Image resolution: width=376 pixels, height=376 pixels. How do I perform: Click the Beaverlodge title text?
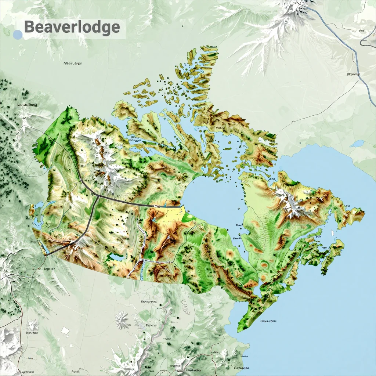[x=72, y=28]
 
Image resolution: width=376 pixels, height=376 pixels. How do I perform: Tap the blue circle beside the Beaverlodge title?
[x=18, y=35]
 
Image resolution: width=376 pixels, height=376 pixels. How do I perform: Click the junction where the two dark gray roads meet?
[x=98, y=196]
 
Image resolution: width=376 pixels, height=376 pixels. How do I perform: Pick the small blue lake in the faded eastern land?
[x=357, y=144]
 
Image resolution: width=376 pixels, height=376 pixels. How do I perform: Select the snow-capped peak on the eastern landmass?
[x=290, y=201]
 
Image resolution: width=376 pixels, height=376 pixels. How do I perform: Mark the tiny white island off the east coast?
[x=332, y=233]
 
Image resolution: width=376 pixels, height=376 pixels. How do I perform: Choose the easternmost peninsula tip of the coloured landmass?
[x=364, y=212]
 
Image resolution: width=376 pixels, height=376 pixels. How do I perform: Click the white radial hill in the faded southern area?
[x=122, y=319]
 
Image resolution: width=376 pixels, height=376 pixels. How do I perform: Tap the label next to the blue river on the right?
[x=353, y=74]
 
